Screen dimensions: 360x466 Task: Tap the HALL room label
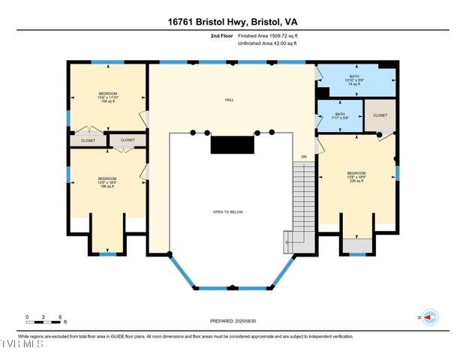[x=230, y=99]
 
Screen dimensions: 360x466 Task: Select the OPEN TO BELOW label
[x=228, y=212]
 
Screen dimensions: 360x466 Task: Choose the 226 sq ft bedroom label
[x=356, y=177]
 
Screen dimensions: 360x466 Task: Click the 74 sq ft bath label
[x=353, y=80]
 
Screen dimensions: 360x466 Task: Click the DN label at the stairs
[x=304, y=156]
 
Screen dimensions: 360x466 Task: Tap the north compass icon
[x=430, y=317]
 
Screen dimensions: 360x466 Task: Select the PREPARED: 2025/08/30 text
[x=233, y=321]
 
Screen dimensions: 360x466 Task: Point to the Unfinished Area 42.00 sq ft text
[x=268, y=43]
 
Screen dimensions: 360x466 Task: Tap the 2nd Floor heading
[x=222, y=36]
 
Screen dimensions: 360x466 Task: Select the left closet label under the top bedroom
[x=89, y=139]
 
